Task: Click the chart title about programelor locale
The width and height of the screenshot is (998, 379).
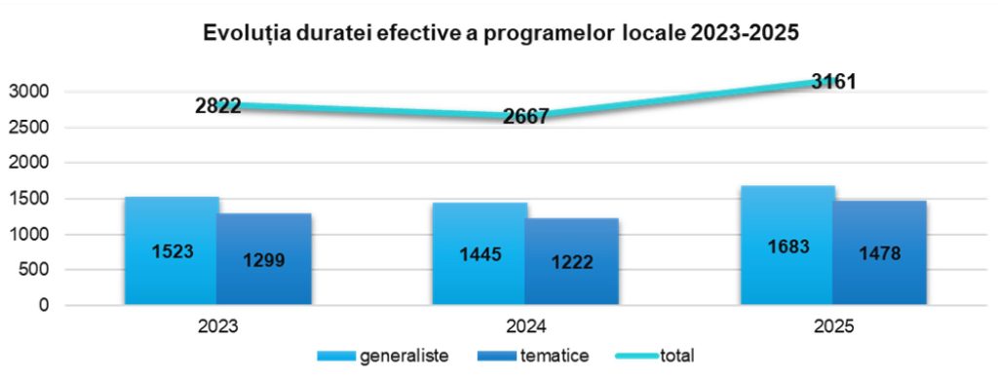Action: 500,32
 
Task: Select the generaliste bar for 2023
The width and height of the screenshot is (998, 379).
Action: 172,250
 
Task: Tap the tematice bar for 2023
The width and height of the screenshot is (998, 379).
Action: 264,259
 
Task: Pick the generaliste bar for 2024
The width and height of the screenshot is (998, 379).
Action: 480,253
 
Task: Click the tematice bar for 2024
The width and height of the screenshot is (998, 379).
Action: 572,261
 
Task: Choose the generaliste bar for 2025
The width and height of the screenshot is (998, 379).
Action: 787,245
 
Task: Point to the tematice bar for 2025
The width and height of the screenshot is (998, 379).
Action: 880,252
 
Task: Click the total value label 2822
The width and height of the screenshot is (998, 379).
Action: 218,105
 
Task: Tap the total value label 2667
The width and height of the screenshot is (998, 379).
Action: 526,116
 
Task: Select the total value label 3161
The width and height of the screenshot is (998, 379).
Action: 834,82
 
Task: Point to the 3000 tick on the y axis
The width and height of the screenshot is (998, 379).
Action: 29,93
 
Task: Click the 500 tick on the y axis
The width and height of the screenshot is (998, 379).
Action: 34,270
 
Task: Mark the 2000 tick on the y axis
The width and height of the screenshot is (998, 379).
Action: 29,163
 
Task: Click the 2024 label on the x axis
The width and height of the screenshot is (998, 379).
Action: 526,326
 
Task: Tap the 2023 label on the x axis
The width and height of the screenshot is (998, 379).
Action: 218,326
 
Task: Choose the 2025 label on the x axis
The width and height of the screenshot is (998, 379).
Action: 834,326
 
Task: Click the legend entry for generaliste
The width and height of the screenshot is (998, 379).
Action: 383,356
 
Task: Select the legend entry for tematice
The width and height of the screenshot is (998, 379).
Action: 532,356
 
